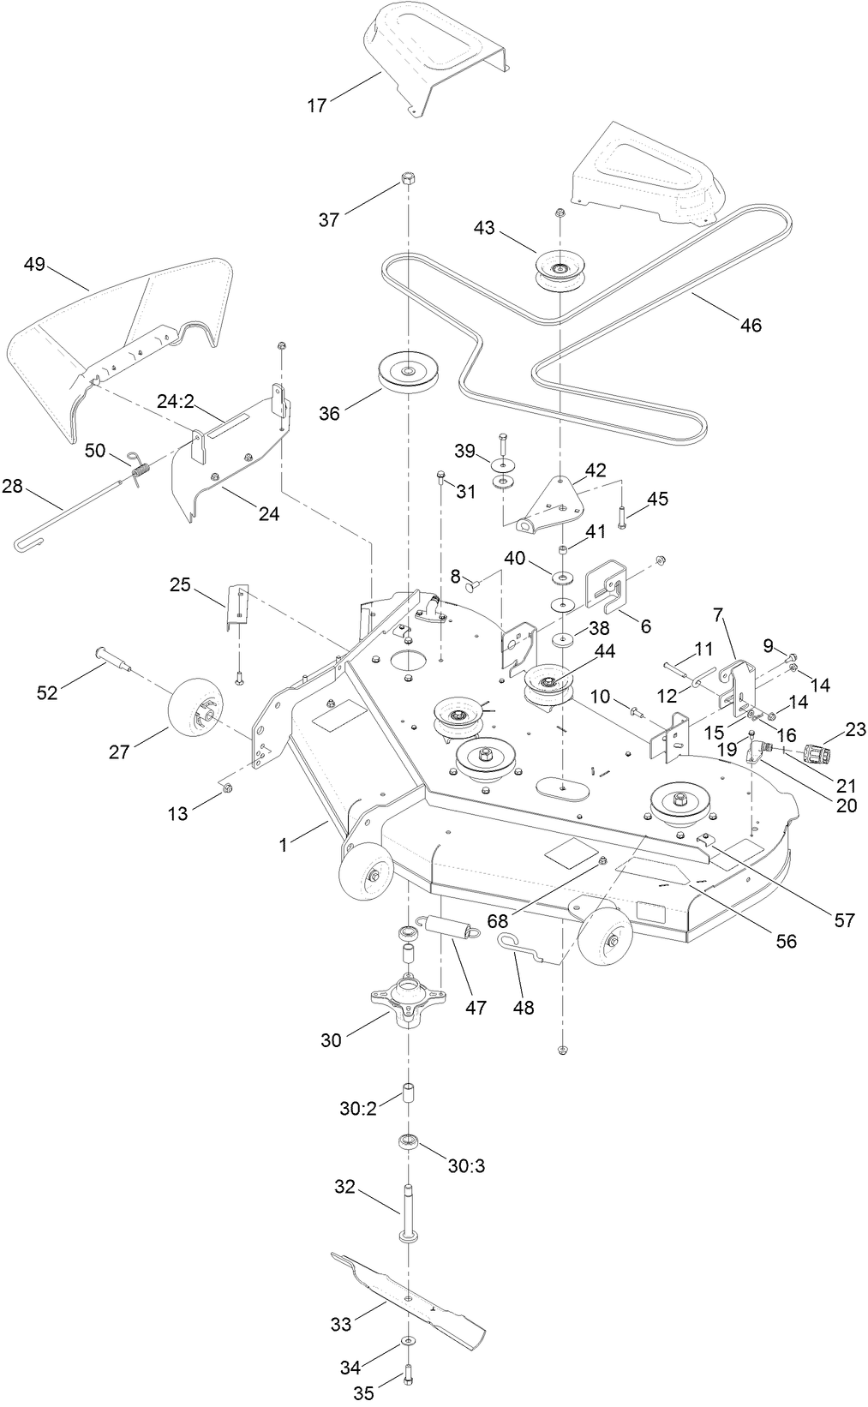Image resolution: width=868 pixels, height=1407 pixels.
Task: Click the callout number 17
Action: [x=316, y=105]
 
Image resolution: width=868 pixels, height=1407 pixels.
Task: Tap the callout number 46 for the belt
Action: [x=750, y=325]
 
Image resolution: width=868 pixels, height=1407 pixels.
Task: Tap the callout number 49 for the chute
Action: [x=34, y=264]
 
